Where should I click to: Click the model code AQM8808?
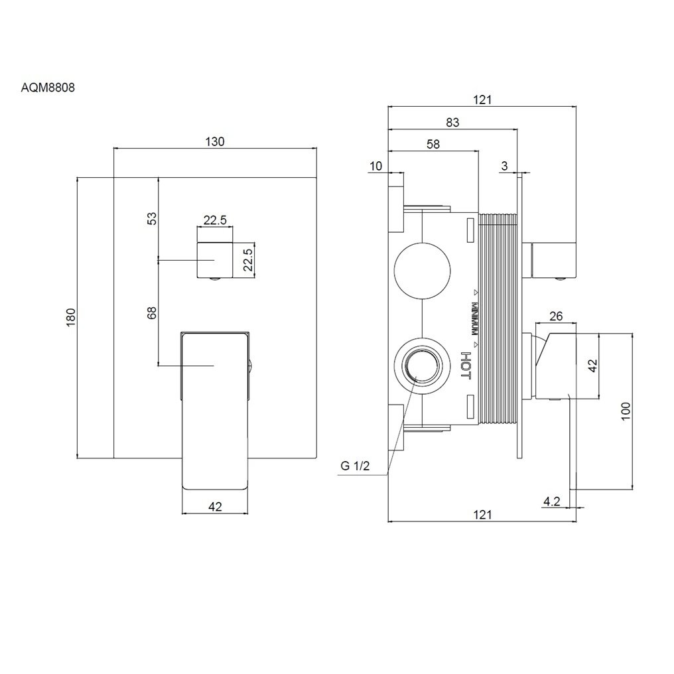click(x=47, y=86)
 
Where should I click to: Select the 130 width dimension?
click(x=216, y=141)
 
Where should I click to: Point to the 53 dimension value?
click(x=151, y=218)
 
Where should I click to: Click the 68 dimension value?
click(x=151, y=312)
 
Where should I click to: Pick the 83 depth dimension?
click(x=452, y=122)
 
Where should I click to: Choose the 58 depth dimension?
click(x=433, y=143)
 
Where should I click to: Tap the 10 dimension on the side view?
click(x=376, y=166)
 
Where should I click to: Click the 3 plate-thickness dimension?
click(x=505, y=166)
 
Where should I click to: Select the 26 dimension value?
click(x=556, y=317)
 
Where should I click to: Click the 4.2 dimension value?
click(x=551, y=502)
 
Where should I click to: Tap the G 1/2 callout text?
click(x=355, y=466)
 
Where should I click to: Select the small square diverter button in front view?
click(x=215, y=261)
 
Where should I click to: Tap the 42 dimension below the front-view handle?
click(x=215, y=507)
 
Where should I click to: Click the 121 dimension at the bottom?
click(x=482, y=514)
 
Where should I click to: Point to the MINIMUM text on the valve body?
click(x=475, y=319)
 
